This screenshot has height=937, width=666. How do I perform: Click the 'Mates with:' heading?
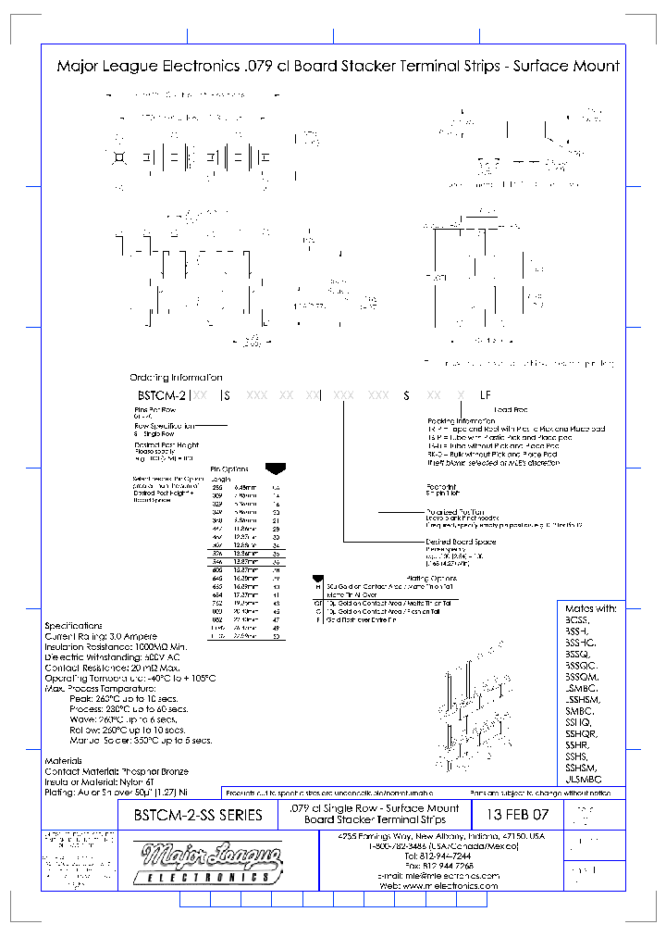click(590, 608)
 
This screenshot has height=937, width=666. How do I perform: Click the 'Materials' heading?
click(65, 760)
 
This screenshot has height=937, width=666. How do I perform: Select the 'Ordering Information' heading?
click(176, 378)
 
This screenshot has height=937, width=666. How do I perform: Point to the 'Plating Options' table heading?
click(431, 579)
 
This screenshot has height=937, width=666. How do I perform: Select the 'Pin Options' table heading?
click(230, 468)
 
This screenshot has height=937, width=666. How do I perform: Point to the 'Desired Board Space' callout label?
click(461, 542)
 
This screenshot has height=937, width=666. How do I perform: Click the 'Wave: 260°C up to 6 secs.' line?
click(122, 718)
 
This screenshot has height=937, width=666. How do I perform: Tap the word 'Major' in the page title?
click(77, 66)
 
